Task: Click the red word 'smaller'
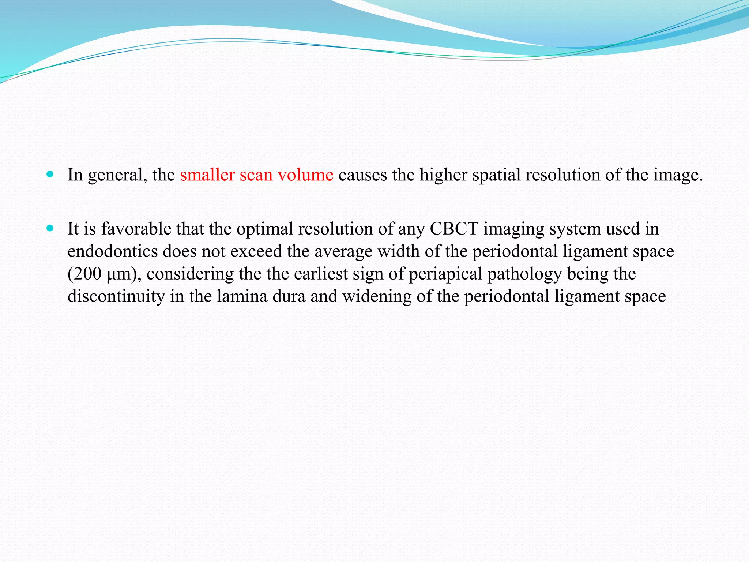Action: click(207, 175)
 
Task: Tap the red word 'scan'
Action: click(256, 175)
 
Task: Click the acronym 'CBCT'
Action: click(454, 229)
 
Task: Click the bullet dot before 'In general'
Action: click(50, 174)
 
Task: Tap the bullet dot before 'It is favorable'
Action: click(50, 229)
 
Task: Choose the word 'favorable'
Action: click(136, 229)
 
